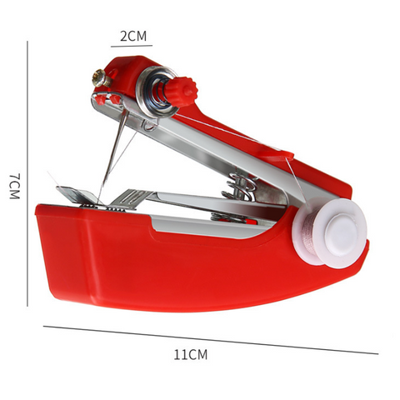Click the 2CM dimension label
coord(133,36)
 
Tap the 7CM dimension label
coord(15,187)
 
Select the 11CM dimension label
coord(191,354)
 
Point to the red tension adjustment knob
coord(180,90)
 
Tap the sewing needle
coord(113,148)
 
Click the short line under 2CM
coord(132,46)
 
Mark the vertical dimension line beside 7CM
coord(27,173)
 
